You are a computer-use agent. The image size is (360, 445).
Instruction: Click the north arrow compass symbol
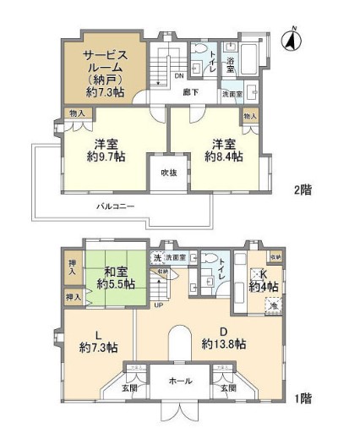[293, 39]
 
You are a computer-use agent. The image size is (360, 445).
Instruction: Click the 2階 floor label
[301, 189]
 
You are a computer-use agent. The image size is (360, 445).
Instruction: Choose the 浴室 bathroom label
[229, 63]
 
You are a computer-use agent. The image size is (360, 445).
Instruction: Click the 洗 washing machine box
[157, 257]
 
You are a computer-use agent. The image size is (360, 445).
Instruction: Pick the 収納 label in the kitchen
[276, 255]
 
